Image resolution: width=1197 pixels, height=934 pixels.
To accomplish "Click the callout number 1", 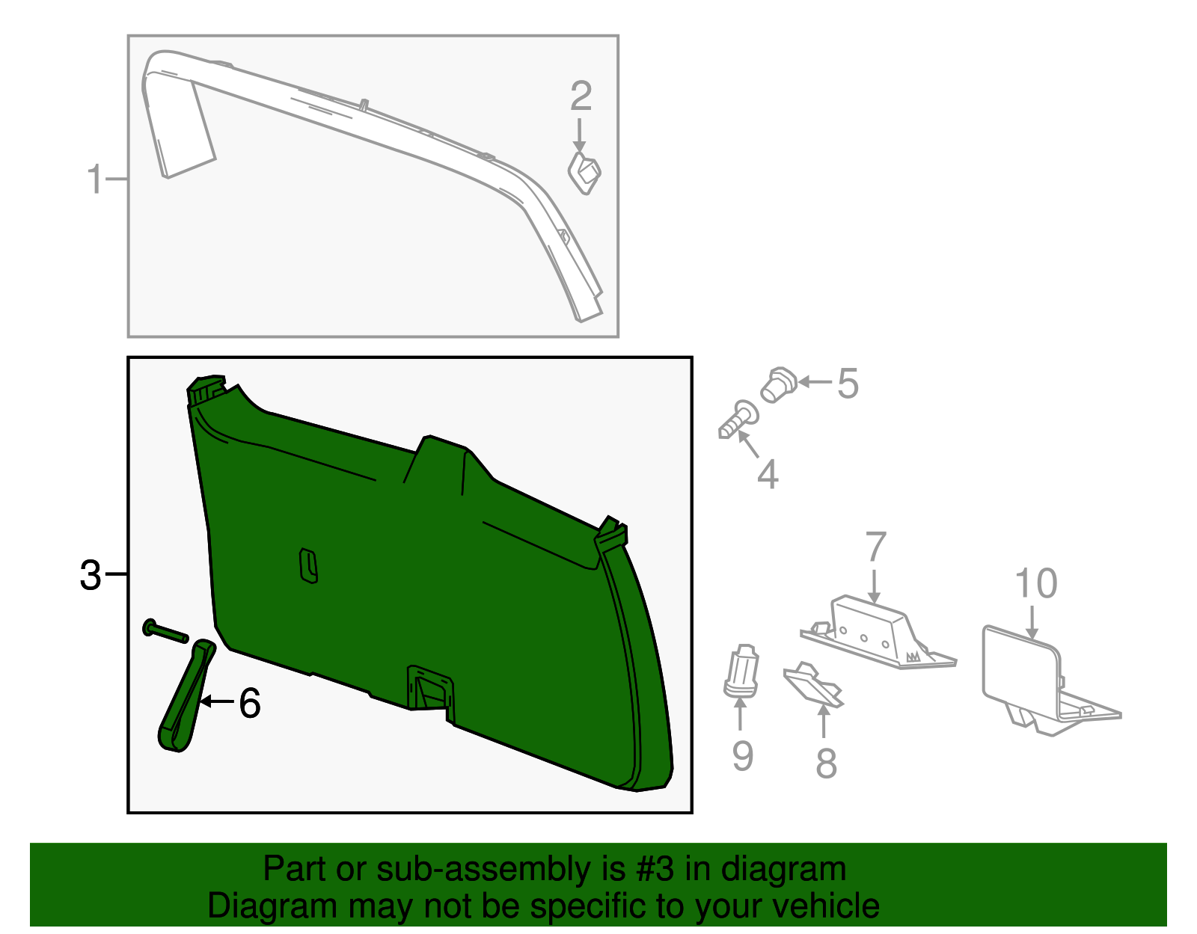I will [94, 180].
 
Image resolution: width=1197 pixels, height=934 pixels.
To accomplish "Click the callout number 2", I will [581, 97].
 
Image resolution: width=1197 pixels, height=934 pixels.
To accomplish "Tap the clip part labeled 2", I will [584, 173].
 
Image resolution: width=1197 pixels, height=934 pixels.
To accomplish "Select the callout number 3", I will [90, 575].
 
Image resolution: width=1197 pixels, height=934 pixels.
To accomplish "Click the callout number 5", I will [847, 384].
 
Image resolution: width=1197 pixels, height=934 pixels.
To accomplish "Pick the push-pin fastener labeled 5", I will [778, 385].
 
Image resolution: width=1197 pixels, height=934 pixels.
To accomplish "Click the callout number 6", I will [249, 703].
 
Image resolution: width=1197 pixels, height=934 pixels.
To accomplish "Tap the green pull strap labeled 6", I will [185, 695].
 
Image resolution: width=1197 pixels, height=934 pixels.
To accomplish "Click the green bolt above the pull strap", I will [165, 630].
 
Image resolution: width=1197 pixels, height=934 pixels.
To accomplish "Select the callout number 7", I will [875, 547].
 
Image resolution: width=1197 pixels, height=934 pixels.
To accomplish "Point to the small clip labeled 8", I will [813, 684].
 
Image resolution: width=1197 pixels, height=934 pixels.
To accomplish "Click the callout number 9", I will [741, 755].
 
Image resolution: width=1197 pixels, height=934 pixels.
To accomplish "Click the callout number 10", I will [1035, 583].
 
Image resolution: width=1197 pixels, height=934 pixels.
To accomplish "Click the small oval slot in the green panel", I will [308, 565].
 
